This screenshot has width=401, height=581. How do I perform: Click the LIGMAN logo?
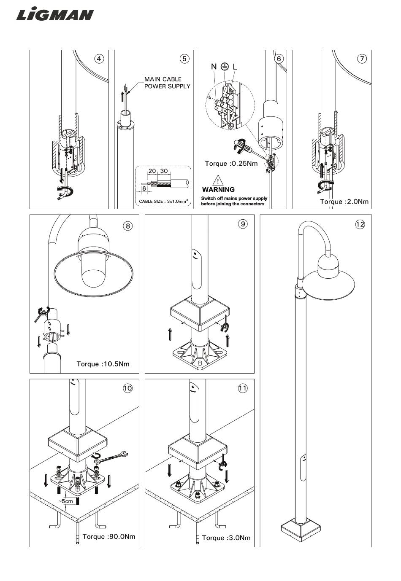pos(55,15)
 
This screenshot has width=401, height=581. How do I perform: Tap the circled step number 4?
pos(99,59)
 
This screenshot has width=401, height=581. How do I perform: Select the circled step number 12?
pos(360,224)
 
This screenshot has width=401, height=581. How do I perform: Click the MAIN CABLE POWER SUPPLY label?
pos(167,83)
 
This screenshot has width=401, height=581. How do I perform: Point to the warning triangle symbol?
pos(218,180)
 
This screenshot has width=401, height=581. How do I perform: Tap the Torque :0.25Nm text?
pos(231,164)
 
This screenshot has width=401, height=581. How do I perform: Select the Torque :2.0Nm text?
pos(344,202)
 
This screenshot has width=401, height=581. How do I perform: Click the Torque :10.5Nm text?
pos(103,364)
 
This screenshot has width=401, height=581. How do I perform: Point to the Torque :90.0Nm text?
pos(109,537)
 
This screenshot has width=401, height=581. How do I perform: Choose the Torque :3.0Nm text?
pos(226,538)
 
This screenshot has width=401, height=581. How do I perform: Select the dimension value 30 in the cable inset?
pos(164,171)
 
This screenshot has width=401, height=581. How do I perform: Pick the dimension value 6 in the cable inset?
pos(144,188)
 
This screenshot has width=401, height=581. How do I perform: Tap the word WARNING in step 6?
pos(218,190)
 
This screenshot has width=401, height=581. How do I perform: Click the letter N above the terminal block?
pos(214,67)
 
